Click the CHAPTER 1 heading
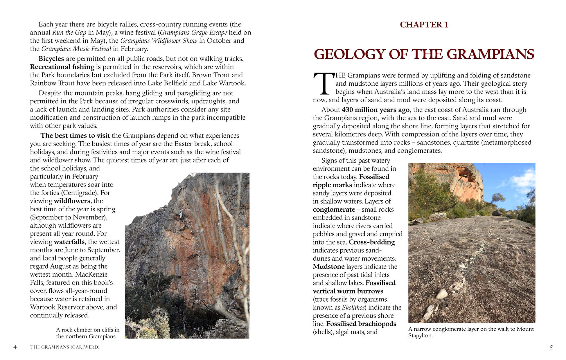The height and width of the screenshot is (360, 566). click(x=424, y=25)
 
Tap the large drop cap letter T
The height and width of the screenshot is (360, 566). click(x=324, y=84)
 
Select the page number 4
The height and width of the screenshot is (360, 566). click(x=15, y=347)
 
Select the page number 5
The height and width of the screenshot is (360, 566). click(x=551, y=347)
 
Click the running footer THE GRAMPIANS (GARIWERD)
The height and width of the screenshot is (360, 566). click(x=65, y=347)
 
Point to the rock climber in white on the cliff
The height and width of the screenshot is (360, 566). click(x=181, y=215)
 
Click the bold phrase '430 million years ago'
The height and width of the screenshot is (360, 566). click(x=375, y=110)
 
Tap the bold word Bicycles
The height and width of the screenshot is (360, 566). click(x=51, y=59)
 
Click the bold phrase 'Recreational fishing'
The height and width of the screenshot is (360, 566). click(x=62, y=67)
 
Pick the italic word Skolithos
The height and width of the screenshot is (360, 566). click(x=353, y=308)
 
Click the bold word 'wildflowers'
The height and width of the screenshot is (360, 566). click(x=72, y=201)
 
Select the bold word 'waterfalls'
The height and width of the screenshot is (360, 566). click(x=69, y=242)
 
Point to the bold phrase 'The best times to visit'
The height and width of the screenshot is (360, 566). click(x=75, y=136)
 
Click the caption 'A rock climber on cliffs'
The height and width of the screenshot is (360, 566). click(x=87, y=330)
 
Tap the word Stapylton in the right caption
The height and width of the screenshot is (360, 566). click(x=420, y=336)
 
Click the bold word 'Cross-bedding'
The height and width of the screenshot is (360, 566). click(x=372, y=242)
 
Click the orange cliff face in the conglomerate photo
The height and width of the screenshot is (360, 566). click(x=465, y=183)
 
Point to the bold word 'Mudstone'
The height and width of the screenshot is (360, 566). click(x=328, y=267)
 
